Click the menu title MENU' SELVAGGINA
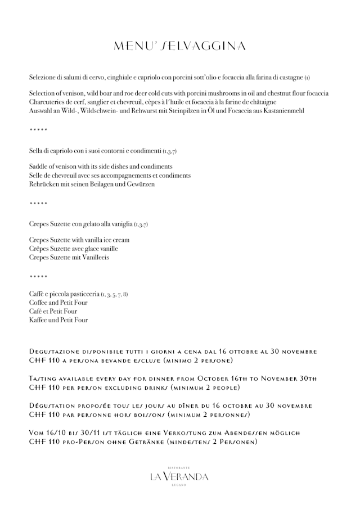coord(179,46)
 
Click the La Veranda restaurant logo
coord(179,476)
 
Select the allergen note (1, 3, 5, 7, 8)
coord(115,294)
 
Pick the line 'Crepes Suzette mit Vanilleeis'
coord(69,257)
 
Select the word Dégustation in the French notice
coord(50,405)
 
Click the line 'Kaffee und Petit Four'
coord(58,320)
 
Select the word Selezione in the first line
coord(43,76)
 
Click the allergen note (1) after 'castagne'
coord(307,76)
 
